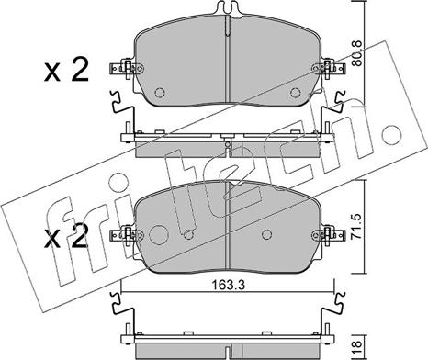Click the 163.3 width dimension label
[x=229, y=285]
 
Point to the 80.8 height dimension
[x=356, y=53]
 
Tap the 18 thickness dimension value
[x=356, y=348]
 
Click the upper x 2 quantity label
[x=66, y=70]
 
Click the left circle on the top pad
[x=160, y=92]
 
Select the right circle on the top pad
[x=295, y=92]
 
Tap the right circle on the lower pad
[x=267, y=234]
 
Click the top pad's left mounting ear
[x=126, y=69]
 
